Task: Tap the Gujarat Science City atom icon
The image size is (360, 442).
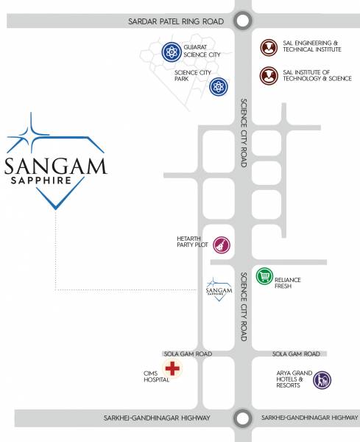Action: click(x=172, y=52)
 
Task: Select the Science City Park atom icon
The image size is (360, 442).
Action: click(x=219, y=87)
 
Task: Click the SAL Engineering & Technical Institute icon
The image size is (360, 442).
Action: click(x=269, y=48)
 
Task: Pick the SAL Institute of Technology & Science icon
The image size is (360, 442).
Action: click(x=269, y=76)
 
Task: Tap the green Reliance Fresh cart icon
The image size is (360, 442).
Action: click(x=264, y=276)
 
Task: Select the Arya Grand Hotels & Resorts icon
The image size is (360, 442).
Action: click(x=322, y=380)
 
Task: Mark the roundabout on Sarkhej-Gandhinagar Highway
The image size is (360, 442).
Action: click(x=241, y=418)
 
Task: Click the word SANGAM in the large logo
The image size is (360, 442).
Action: click(x=55, y=165)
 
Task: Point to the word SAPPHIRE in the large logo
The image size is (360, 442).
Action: click(x=39, y=180)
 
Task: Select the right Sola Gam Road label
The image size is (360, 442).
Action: click(x=295, y=354)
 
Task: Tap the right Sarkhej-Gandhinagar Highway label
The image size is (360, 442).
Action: click(x=309, y=418)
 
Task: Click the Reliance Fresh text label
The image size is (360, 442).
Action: click(x=288, y=284)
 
